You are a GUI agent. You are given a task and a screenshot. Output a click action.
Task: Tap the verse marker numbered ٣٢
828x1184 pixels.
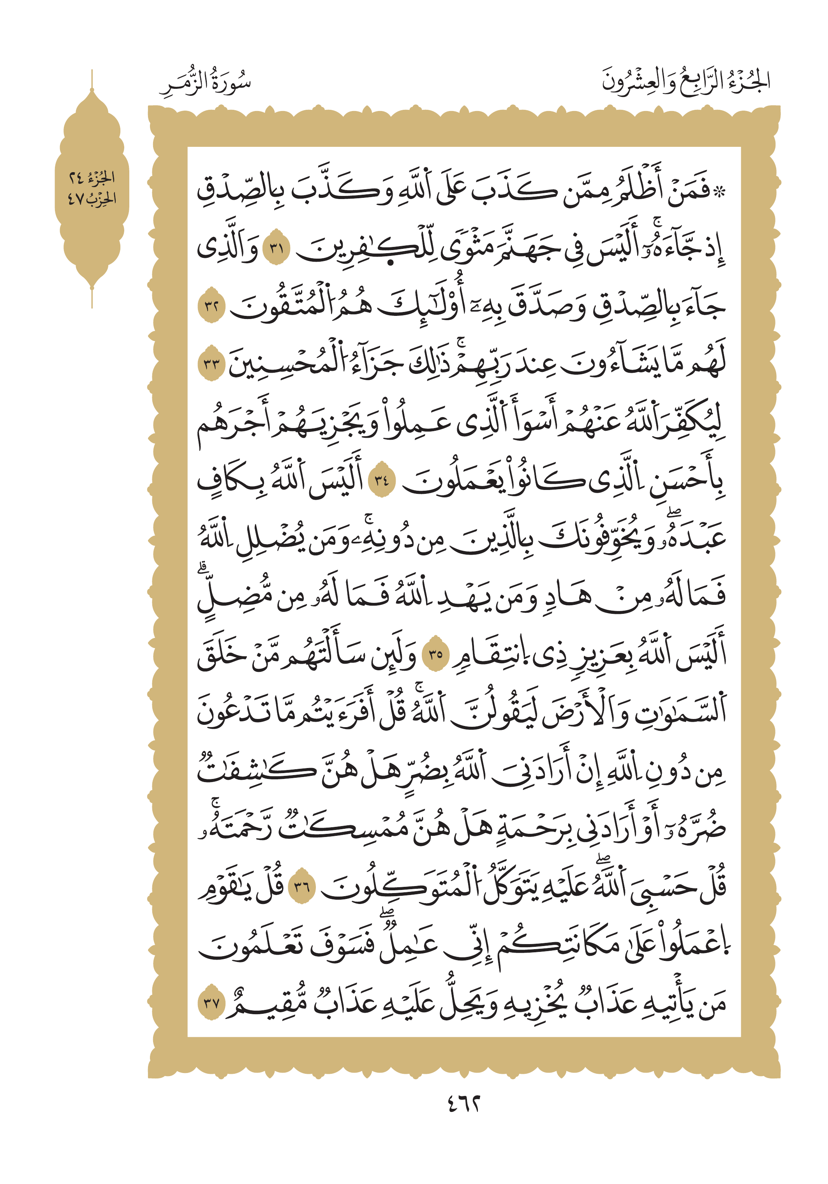[212, 306]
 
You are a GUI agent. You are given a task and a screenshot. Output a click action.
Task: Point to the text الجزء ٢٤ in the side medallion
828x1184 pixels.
[92, 178]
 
